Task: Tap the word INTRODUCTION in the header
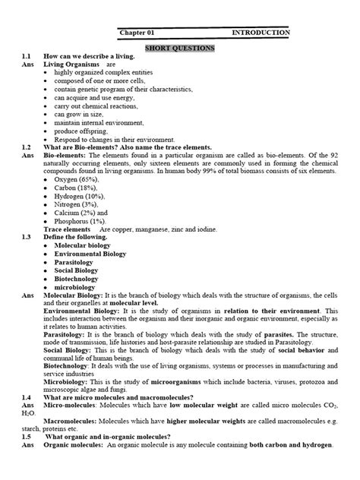coord(260,33)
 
